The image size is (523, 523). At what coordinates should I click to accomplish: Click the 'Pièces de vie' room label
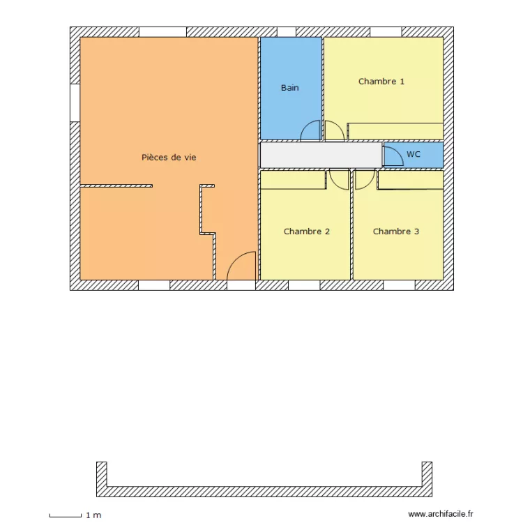[169, 158]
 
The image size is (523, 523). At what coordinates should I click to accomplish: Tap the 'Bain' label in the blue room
[290, 88]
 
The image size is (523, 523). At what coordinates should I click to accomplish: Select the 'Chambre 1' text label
[381, 82]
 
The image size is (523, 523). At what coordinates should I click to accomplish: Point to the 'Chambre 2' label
[307, 232]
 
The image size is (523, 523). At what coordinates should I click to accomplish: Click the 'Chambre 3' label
[396, 232]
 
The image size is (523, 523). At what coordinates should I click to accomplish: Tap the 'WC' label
[414, 154]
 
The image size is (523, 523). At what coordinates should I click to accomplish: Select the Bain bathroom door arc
[310, 130]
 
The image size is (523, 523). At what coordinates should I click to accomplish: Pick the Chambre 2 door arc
[339, 180]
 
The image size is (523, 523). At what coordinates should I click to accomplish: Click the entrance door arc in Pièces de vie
[243, 266]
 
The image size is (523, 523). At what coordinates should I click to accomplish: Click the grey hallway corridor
[321, 155]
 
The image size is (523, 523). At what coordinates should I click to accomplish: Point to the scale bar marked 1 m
[66, 516]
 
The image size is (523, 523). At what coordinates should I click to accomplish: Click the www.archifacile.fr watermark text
[441, 514]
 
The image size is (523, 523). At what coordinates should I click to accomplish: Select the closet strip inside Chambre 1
[395, 131]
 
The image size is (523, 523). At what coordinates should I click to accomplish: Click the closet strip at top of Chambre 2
[293, 180]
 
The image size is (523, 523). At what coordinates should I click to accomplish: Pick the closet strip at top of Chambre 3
[411, 180]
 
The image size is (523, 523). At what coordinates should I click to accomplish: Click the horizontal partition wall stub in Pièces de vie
[116, 186]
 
